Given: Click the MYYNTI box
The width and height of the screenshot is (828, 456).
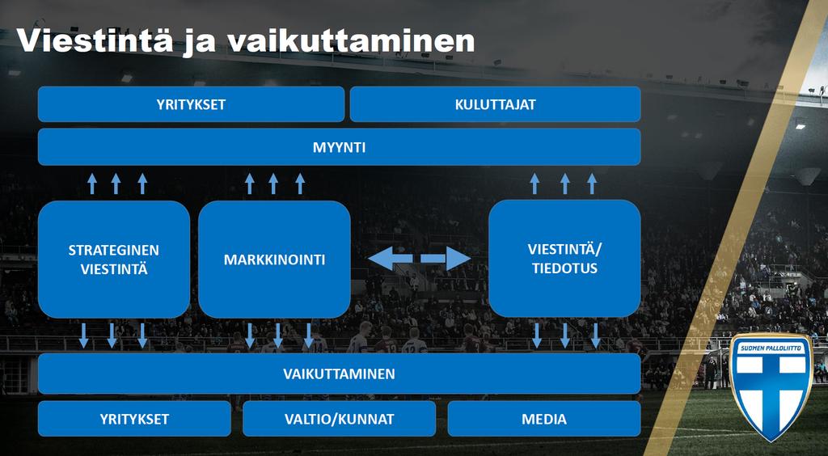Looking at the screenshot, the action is point(339,147).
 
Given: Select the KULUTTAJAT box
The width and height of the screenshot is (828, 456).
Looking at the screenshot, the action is point(496,104).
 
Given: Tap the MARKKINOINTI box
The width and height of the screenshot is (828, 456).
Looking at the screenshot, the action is point(274,260).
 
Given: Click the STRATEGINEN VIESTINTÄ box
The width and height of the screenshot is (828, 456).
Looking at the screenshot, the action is point(113,260).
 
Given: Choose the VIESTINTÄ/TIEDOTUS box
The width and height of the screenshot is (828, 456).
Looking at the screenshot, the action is point(564,259).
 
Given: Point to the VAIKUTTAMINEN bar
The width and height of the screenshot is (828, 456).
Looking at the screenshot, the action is point(339,374).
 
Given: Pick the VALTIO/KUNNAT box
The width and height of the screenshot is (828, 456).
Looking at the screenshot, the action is point(339,419).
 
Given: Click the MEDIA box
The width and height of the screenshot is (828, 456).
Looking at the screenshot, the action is point(544,419).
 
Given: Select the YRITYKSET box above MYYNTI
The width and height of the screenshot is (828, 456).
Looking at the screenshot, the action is point(191,104).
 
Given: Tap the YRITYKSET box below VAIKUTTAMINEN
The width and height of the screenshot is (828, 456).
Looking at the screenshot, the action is point(134,419).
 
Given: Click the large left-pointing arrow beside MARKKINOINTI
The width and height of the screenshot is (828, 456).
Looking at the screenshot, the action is point(391,259).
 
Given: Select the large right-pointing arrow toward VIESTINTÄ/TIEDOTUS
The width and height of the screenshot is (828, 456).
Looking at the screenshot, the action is point(446,259).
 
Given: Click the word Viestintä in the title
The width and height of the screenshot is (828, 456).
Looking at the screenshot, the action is point(95,40).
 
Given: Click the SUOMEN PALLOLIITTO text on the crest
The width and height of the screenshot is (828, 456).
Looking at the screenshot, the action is point(771,348).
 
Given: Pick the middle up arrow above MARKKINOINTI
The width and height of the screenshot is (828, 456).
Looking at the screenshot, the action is point(273,184).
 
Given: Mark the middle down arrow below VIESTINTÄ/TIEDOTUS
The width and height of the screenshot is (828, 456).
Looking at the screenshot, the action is point(565,336).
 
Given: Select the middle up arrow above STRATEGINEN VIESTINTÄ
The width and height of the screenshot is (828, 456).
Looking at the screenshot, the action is point(116,184).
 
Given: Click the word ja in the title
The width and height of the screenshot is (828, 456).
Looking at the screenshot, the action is point(200,42).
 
